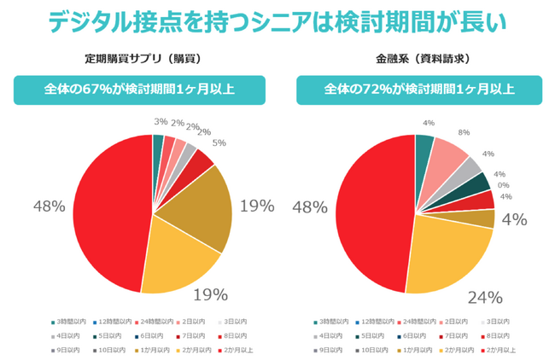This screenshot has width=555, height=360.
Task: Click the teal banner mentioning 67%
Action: coord(139,90)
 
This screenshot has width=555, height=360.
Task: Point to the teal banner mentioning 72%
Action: coord(419,90)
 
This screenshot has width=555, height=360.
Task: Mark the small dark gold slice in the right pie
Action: coord(487,218)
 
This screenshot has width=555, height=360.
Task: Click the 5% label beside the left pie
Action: coord(219,142)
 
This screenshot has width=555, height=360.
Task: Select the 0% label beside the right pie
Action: coord(504,185)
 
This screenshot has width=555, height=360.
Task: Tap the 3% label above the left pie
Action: coord(160,122)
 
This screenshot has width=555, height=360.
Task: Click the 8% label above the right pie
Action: coord(464,132)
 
